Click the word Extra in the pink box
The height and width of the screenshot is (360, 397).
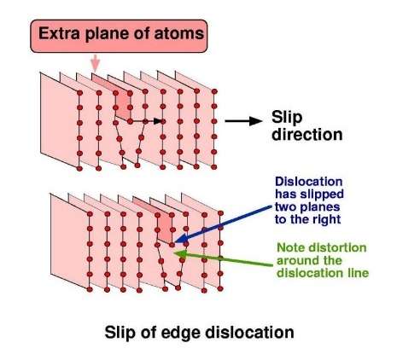coord(60,33)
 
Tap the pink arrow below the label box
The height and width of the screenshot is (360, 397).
coord(96,63)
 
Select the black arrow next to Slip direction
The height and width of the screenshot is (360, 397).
coord(243,121)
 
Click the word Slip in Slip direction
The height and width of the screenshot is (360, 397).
coord(287,118)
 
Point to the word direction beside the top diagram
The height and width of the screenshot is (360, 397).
coord(307,134)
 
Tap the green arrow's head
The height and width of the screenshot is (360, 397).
coord(180,254)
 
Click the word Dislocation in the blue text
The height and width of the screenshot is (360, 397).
coord(308,182)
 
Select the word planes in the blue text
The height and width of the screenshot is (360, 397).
coord(321,207)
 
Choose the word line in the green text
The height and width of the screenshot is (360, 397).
coord(359,273)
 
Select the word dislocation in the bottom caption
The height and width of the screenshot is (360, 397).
coord(247,332)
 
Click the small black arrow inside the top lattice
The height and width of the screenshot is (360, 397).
coord(146,121)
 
